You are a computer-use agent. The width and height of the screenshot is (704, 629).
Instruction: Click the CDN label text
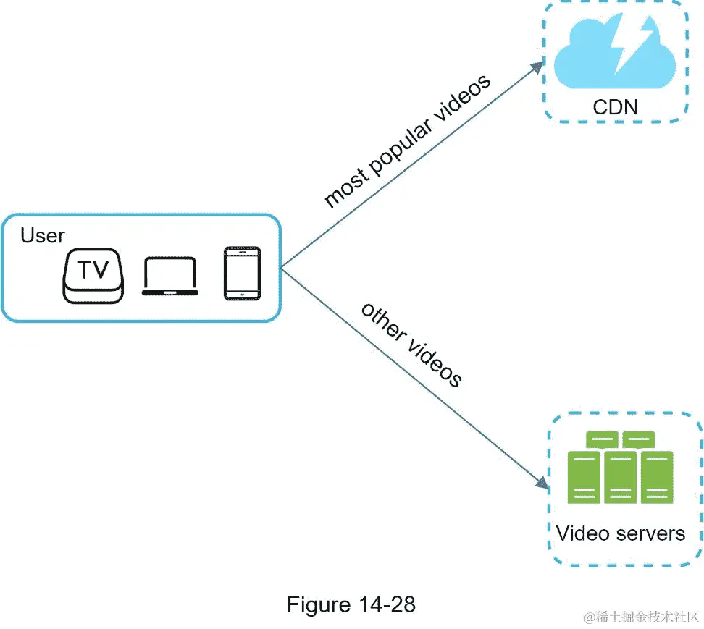click(x=615, y=107)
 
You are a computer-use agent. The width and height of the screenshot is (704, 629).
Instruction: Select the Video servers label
click(x=620, y=533)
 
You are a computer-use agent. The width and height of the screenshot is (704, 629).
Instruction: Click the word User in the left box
click(x=42, y=235)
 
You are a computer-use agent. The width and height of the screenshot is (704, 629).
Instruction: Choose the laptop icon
click(x=170, y=276)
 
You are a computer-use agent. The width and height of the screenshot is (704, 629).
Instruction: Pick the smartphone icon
click(x=242, y=274)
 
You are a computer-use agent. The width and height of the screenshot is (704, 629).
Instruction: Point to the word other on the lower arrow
click(x=382, y=321)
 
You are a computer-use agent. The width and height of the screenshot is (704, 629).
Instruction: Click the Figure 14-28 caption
click(x=351, y=604)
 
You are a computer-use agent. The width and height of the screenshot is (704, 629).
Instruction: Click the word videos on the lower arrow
click(x=434, y=361)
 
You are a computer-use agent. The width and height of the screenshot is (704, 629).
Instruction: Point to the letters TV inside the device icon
click(x=93, y=269)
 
